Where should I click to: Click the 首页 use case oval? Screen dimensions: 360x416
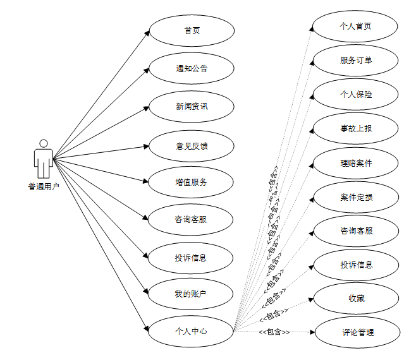pyautogui.click(x=192, y=30)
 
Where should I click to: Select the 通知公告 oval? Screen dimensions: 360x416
pyautogui.click(x=192, y=68)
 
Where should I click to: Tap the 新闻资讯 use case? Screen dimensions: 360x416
pyautogui.click(x=192, y=106)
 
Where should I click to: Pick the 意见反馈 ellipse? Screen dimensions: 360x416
pyautogui.click(x=192, y=146)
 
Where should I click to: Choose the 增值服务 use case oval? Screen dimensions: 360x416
pyautogui.click(x=192, y=183)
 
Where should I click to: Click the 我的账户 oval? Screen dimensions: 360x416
pyautogui.click(x=192, y=294)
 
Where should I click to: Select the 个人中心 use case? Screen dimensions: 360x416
pyautogui.click(x=192, y=330)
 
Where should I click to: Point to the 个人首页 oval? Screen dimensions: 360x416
pyautogui.click(x=356, y=27)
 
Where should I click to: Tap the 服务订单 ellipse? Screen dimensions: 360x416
pyautogui.click(x=356, y=60)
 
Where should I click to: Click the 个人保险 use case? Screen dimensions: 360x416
pyautogui.click(x=356, y=94)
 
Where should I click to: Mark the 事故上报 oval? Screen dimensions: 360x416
pyautogui.click(x=356, y=128)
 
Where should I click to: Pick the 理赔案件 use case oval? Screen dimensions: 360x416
pyautogui.click(x=356, y=163)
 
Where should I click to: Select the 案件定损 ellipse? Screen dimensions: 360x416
pyautogui.click(x=356, y=197)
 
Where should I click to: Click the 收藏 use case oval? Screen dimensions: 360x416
pyautogui.click(x=356, y=299)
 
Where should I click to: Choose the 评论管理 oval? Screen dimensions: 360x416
pyautogui.click(x=358, y=332)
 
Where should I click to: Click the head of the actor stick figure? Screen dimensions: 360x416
pyautogui.click(x=44, y=143)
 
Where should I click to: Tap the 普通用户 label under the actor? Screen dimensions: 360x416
pyautogui.click(x=44, y=186)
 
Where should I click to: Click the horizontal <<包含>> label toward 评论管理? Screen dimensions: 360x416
pyautogui.click(x=274, y=332)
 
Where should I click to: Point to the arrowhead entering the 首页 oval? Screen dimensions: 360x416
pyautogui.click(x=147, y=33)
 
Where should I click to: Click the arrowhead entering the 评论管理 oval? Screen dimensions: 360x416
pyautogui.click(x=312, y=332)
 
